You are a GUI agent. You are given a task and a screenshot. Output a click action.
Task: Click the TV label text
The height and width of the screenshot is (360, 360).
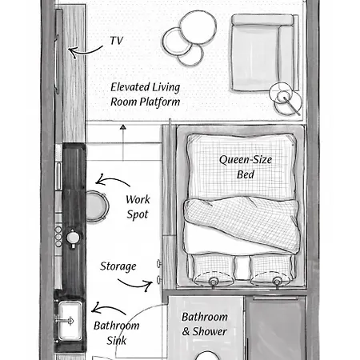(117, 41)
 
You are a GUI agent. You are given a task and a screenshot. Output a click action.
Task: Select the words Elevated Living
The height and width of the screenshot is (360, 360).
(146, 87)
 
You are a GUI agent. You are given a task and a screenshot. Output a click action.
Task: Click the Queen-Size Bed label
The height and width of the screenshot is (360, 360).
(246, 167)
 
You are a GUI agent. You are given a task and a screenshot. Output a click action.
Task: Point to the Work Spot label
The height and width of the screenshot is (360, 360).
(138, 207)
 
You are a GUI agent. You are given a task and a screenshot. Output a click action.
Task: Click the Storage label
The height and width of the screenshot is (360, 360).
(118, 266)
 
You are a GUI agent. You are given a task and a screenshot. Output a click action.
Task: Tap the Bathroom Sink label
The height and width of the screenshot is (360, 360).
(117, 333)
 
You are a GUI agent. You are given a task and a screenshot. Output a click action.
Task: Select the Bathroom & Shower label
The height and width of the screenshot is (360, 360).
(205, 324)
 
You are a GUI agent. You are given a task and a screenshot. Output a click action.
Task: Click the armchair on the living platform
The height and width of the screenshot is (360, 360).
(265, 53)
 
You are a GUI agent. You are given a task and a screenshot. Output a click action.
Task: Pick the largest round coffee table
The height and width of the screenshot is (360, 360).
(198, 27)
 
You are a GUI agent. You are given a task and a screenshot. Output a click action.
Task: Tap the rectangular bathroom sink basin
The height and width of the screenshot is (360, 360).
(70, 321)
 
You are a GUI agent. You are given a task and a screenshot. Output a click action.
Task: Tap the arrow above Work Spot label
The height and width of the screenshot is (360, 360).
(112, 180)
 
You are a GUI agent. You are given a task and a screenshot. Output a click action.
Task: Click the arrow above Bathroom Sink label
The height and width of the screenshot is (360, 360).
(108, 308)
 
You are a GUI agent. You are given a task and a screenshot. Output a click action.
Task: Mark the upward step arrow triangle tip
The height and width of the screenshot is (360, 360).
(122, 125)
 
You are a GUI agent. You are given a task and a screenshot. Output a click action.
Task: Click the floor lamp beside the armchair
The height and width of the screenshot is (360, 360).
(286, 98)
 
